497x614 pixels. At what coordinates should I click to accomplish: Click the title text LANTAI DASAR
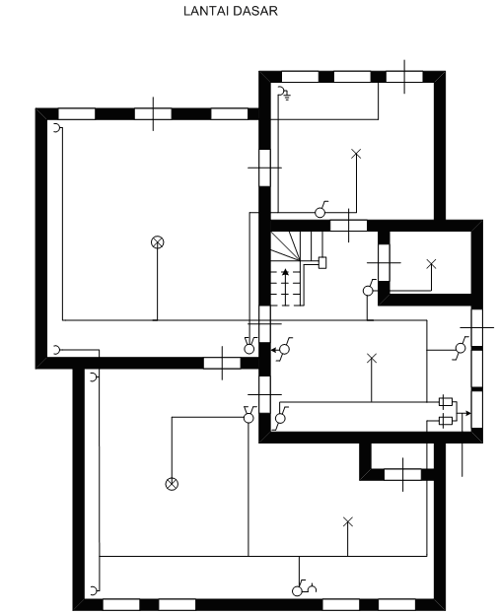pyautogui.click(x=231, y=11)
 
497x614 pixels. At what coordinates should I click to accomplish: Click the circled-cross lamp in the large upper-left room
pyautogui.click(x=157, y=242)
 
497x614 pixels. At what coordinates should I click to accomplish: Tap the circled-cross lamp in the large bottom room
pyautogui.click(x=172, y=484)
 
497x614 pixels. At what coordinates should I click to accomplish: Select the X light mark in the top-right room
pyautogui.click(x=356, y=154)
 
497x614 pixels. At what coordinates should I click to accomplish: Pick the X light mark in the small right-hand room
pyautogui.click(x=431, y=264)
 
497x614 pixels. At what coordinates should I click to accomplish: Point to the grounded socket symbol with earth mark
pyautogui.click(x=284, y=93)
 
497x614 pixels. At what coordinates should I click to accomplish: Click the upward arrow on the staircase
pyautogui.click(x=285, y=287)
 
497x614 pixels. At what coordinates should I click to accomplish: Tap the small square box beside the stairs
pyautogui.click(x=322, y=262)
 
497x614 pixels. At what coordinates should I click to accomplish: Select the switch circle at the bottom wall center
pyautogui.click(x=297, y=591)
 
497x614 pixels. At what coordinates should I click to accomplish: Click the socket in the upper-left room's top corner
pyautogui.click(x=57, y=128)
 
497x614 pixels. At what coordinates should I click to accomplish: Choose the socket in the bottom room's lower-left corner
pyautogui.click(x=94, y=590)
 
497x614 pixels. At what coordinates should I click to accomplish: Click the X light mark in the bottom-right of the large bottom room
pyautogui.click(x=348, y=521)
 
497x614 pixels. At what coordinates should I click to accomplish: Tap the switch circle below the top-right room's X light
pyautogui.click(x=319, y=213)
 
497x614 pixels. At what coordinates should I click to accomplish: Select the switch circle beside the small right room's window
pyautogui.click(x=368, y=291)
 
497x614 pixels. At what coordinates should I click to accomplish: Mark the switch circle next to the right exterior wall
pyautogui.click(x=461, y=348)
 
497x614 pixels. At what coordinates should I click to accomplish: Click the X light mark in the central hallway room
pyautogui.click(x=372, y=358)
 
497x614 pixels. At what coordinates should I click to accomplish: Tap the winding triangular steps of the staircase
pyautogui.click(x=286, y=245)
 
